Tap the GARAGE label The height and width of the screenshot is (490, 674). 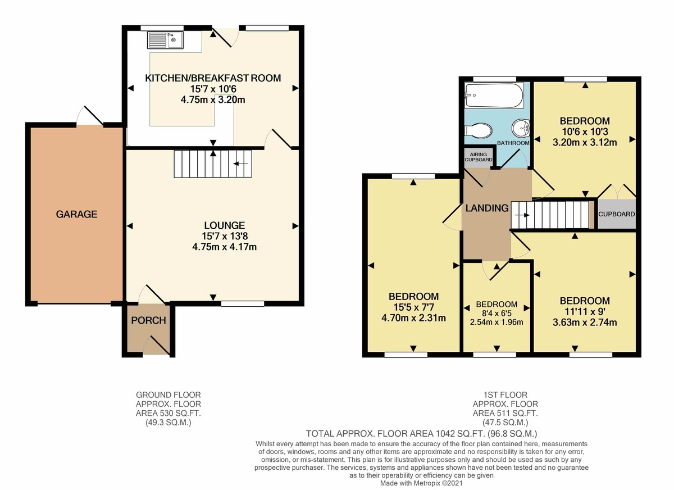[76, 214]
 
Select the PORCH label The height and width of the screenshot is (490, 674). [148, 321]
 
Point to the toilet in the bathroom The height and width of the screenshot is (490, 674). [479, 130]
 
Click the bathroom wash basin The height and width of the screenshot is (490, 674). [522, 129]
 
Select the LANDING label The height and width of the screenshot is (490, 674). [486, 208]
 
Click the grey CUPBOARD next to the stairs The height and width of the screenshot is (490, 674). [617, 214]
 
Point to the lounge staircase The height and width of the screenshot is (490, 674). [213, 164]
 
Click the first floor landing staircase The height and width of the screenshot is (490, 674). [552, 215]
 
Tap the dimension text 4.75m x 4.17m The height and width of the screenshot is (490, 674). [213, 246]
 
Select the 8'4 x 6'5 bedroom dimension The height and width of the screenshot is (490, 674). [497, 313]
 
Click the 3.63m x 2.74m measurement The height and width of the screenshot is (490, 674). [585, 323]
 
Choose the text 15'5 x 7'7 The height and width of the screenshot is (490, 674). [413, 307]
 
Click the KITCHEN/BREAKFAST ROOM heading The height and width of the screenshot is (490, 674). [213, 78]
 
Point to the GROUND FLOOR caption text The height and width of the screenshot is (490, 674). [168, 395]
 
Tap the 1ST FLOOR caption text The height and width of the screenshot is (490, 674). [505, 395]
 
